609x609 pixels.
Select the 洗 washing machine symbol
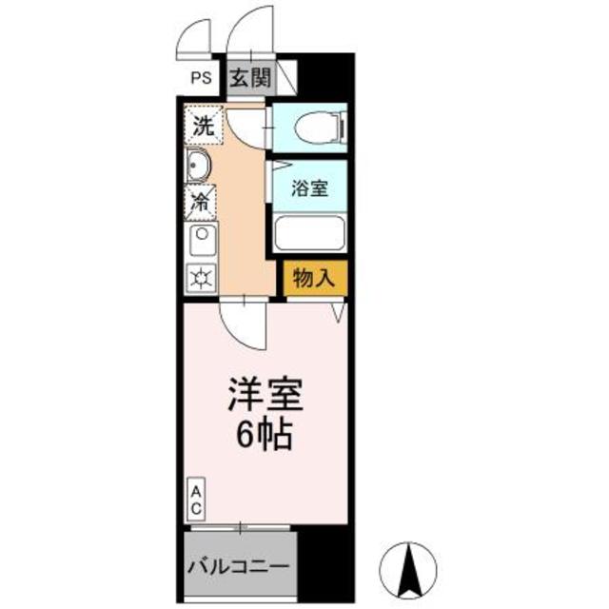(x=202, y=124)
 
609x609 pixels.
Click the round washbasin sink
(x=199, y=167)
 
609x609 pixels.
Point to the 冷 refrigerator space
(x=201, y=201)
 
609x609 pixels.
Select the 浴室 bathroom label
(x=310, y=187)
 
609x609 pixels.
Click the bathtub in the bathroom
(x=310, y=233)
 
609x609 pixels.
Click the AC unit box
(x=194, y=500)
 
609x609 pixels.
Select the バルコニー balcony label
(x=238, y=565)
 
